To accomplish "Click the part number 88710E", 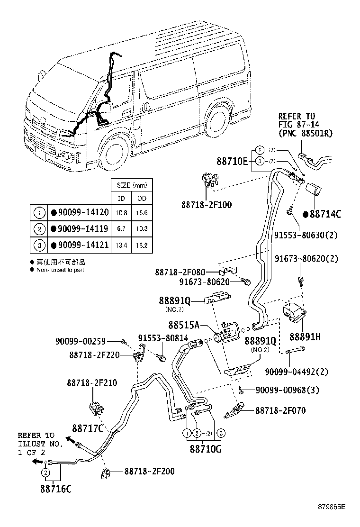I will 232,162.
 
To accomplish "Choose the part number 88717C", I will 88,428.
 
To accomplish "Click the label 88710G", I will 205,448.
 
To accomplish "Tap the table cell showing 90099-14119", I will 80,229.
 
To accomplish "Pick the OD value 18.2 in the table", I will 142,245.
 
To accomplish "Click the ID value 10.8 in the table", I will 121,213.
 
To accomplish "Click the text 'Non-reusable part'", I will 59,270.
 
